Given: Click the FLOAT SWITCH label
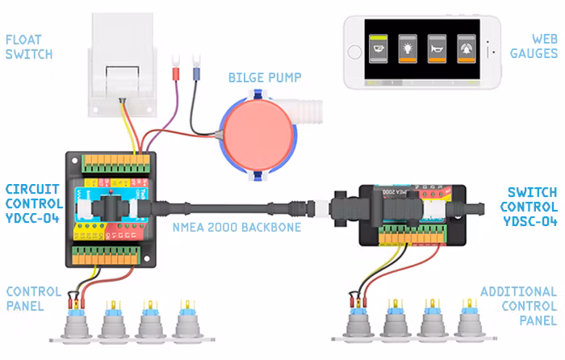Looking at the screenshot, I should point(29,47).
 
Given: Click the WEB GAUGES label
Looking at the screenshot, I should point(534,46).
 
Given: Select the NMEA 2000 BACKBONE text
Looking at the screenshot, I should point(236,228).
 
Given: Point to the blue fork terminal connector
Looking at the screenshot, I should point(195,73).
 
